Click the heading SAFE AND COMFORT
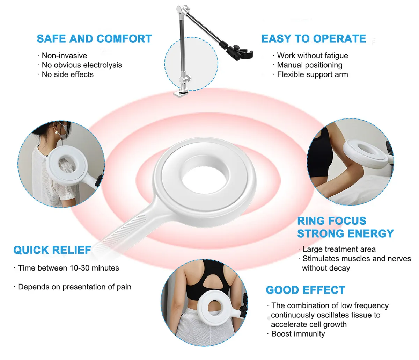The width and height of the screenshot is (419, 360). (x=94, y=38)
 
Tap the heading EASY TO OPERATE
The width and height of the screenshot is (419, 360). (x=314, y=38)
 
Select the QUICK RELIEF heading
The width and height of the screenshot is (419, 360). (x=52, y=250)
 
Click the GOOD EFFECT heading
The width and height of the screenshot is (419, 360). (x=305, y=290)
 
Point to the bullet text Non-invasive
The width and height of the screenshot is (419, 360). (x=64, y=56)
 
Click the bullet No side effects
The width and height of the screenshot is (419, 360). (x=67, y=74)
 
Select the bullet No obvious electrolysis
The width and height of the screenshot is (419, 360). (x=82, y=65)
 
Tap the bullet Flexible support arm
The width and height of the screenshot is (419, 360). (x=312, y=74)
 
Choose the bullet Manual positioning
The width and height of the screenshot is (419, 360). (x=309, y=65)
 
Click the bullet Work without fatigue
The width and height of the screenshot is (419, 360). (x=312, y=56)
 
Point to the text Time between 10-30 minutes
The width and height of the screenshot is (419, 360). (x=68, y=268)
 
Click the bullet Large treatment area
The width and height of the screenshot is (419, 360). (x=339, y=249)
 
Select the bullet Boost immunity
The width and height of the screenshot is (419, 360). (x=298, y=334)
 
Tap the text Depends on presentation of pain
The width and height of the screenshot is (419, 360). (x=74, y=287)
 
